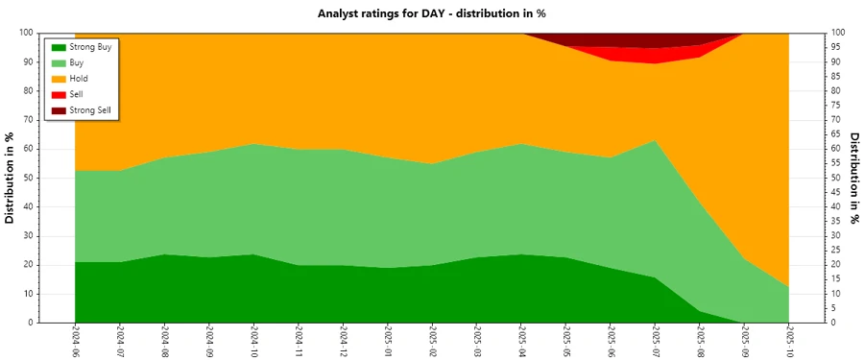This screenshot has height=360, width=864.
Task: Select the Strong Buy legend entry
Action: [x=90, y=46]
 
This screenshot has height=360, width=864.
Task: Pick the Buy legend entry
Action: [x=77, y=62]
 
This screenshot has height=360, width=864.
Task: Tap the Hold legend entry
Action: [x=79, y=78]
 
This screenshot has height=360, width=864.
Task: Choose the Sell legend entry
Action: [x=77, y=94]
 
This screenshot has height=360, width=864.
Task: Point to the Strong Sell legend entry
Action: [x=90, y=110]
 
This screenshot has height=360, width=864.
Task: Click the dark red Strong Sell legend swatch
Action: [x=59, y=110]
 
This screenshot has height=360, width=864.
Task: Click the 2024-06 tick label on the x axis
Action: [x=75, y=342]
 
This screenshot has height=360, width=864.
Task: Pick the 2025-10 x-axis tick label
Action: [x=789, y=342]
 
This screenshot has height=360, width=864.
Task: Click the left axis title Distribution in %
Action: [x=11, y=178]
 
